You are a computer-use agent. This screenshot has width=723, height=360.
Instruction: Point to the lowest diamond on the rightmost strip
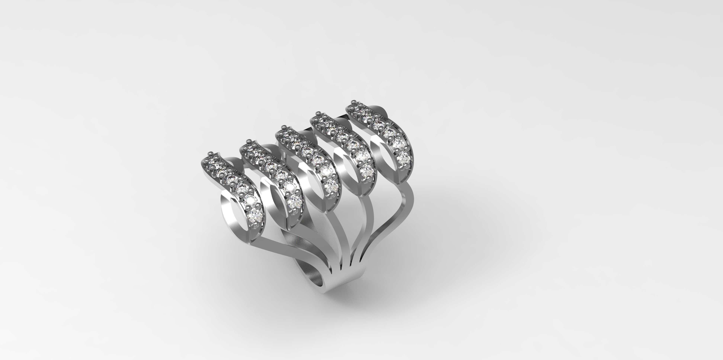403,158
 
